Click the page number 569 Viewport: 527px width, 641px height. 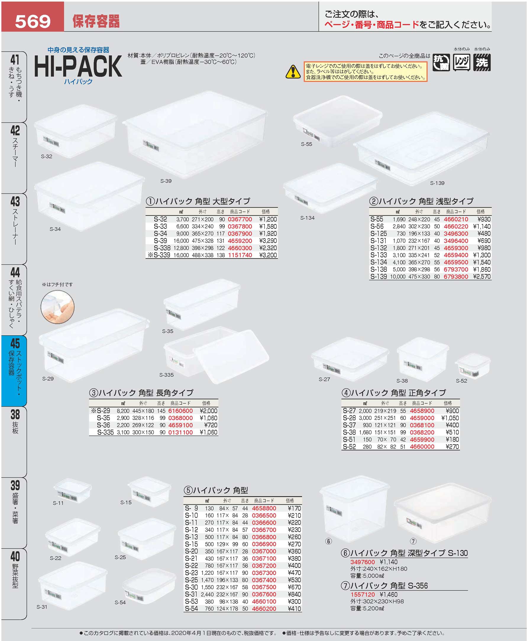coord(33,22)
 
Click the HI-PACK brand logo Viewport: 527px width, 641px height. coord(78,66)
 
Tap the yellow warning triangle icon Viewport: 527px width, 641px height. coord(293,72)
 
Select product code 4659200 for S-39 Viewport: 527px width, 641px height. coord(240,241)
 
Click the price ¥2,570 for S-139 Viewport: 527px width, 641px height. coord(482,276)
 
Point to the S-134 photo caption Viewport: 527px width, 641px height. coord(307,218)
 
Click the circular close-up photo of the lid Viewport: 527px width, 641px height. coord(57,307)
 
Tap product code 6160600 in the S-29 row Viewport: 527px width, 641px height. coord(180,411)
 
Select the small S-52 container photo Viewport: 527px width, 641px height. coord(472,366)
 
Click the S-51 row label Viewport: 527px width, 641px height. coord(349,439)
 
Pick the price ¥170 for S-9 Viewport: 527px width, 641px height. coord(294,508)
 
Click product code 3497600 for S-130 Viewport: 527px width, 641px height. coord(363,562)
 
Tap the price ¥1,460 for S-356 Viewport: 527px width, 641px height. coord(389,595)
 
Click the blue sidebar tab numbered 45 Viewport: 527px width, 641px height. coord(14,371)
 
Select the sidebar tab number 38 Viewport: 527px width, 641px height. coord(15,414)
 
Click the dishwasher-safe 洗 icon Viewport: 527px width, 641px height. coord(482,62)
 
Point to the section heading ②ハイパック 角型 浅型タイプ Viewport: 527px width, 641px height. coord(421,201)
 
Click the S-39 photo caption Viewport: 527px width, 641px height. coord(166,181)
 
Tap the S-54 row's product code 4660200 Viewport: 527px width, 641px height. coord(264,608)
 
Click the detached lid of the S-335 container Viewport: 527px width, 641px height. coord(231,356)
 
